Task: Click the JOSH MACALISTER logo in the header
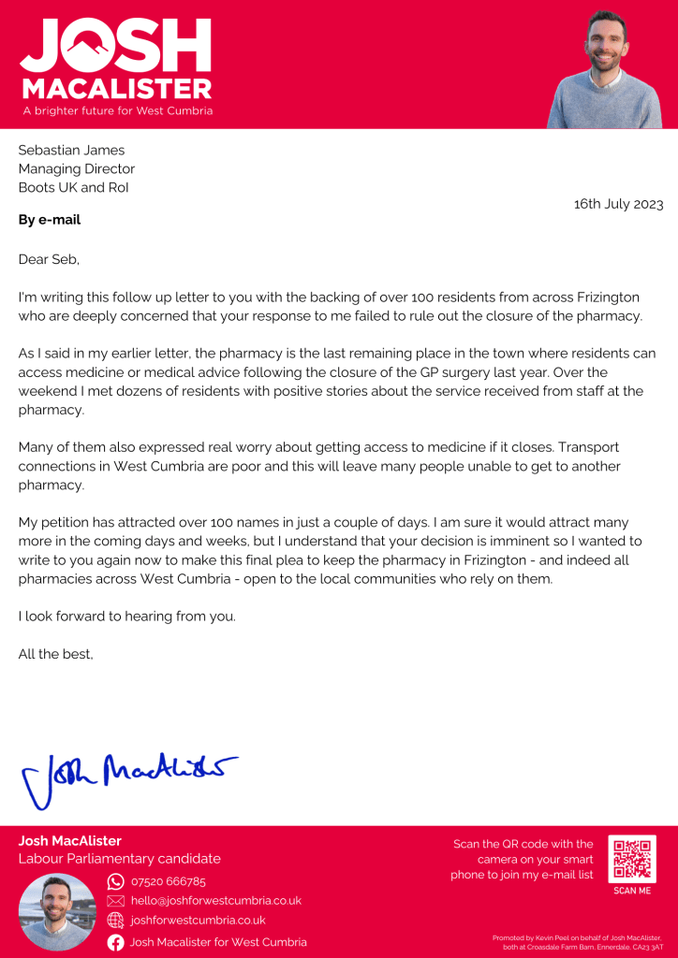click(116, 58)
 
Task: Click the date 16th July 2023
click(618, 204)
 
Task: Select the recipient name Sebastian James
click(71, 150)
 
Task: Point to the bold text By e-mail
click(50, 221)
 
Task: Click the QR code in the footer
click(632, 860)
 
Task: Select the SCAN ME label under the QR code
click(632, 891)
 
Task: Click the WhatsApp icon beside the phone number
click(116, 881)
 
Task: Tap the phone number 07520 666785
click(169, 881)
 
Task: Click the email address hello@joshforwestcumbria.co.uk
click(215, 900)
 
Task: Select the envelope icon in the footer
click(116, 900)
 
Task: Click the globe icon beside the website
click(116, 921)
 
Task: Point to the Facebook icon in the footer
click(116, 942)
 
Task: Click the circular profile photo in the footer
click(57, 912)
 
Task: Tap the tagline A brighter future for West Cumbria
click(118, 110)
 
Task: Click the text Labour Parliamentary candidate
click(120, 859)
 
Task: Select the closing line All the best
click(56, 654)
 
